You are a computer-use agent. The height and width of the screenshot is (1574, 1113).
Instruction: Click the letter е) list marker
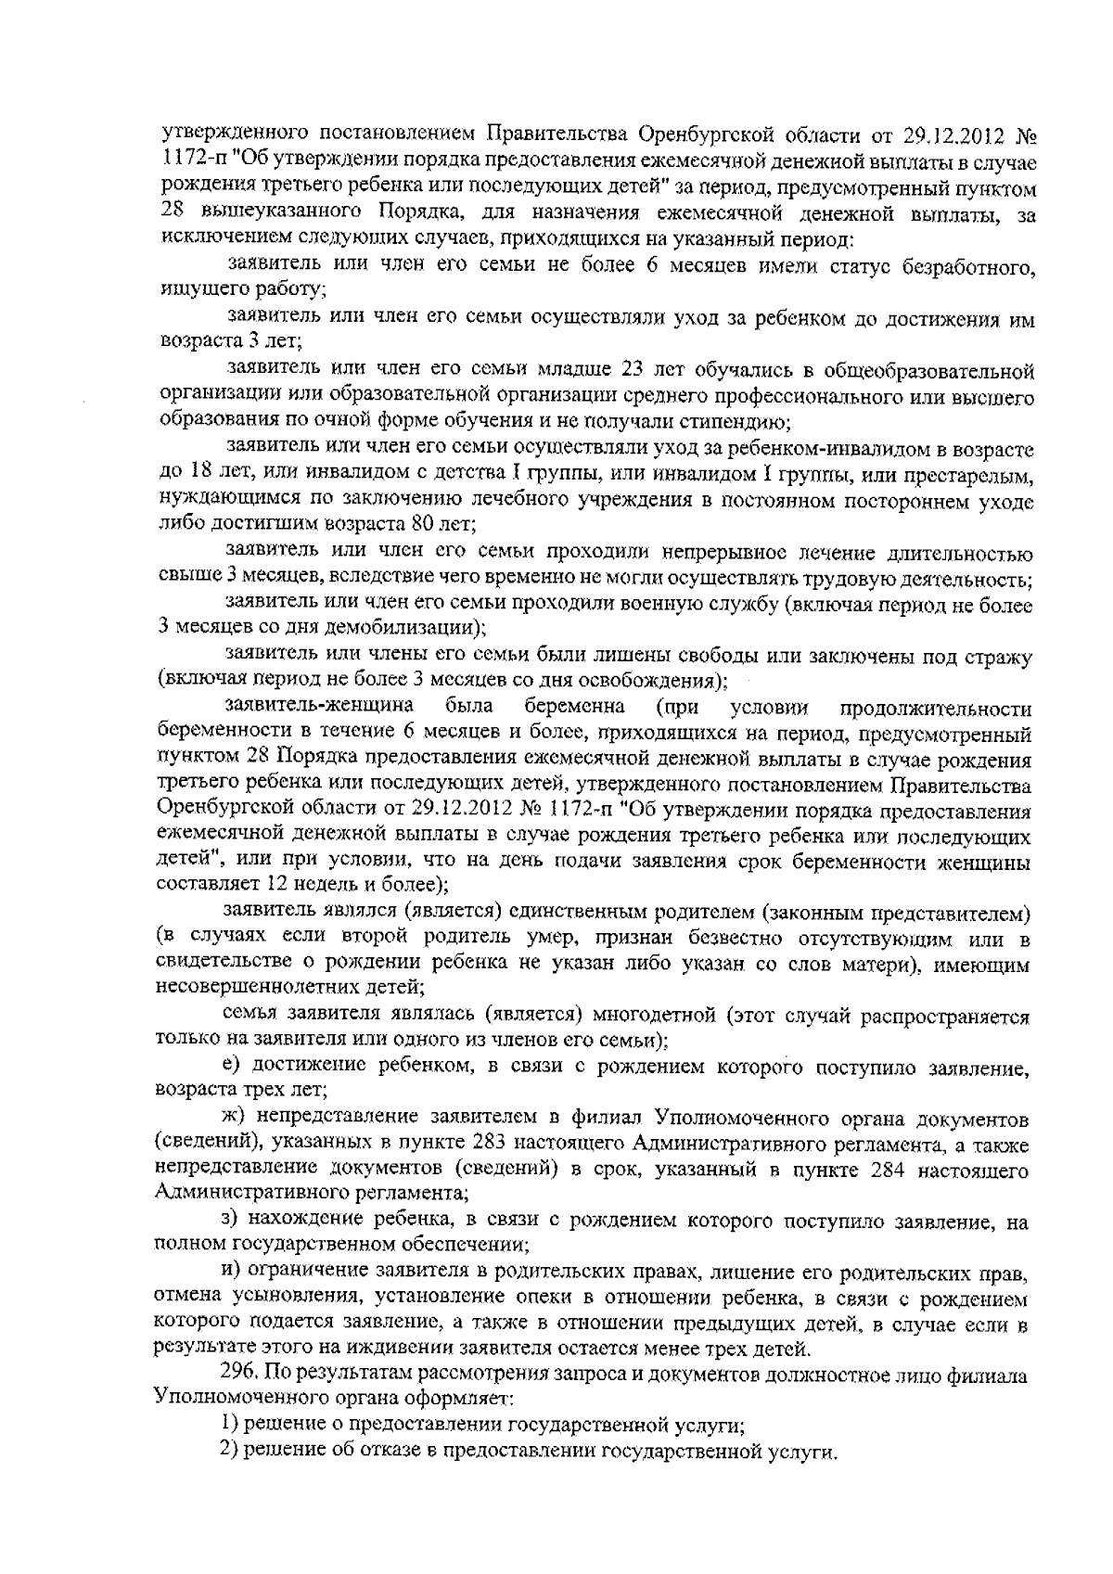(x=232, y=1066)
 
